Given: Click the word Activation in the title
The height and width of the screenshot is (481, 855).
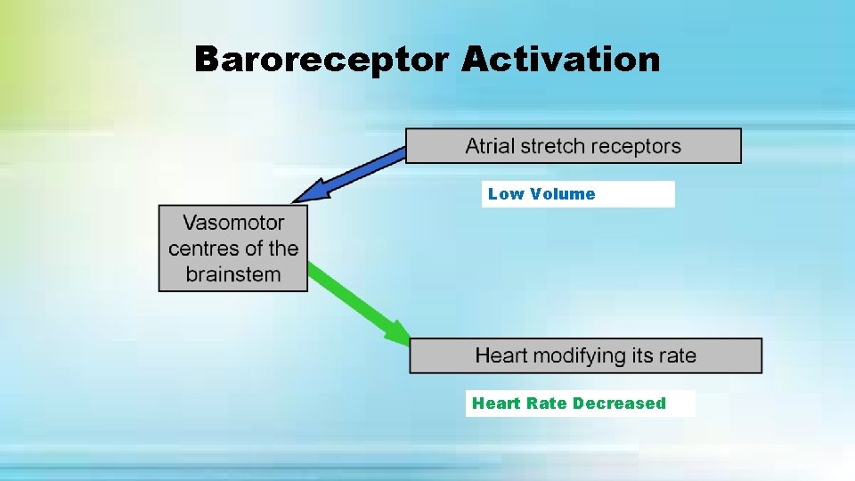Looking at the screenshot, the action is click(561, 60).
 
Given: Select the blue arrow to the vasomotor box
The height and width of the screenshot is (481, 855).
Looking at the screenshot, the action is click(356, 174).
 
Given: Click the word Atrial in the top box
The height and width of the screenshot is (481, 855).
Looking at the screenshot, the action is click(491, 146).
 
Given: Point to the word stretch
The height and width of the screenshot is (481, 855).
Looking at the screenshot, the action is click(559, 146).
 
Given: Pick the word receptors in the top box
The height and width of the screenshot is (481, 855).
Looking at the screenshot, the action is click(639, 146).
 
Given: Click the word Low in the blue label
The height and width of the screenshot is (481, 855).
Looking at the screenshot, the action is click(506, 194).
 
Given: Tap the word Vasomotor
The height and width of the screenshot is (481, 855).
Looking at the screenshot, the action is click(233, 223).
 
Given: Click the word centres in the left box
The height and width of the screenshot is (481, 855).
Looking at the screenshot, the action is click(203, 248).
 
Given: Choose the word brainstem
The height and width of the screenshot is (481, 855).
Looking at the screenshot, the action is click(233, 273).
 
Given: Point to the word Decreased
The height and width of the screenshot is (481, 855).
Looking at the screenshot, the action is click(619, 404).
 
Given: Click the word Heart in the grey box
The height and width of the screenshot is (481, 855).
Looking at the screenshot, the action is click(501, 355).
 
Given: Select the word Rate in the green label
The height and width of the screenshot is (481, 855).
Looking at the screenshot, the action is click(547, 404).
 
